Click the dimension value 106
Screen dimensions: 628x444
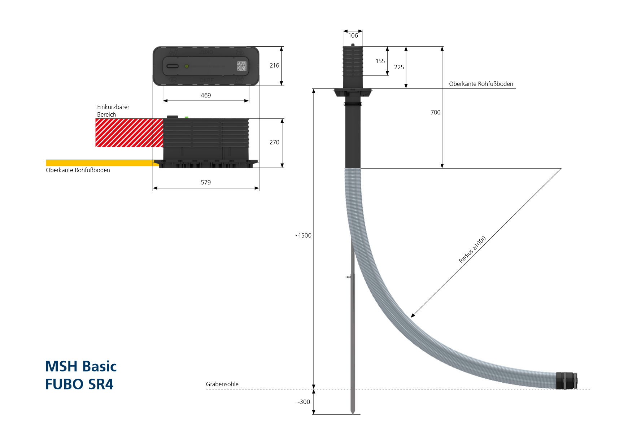(353, 35)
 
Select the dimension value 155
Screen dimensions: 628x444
(380, 61)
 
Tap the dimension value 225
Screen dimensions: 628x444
(399, 67)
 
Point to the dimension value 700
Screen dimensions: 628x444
(435, 112)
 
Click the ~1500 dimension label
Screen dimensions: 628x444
(303, 235)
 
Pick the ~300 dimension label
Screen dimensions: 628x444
(303, 402)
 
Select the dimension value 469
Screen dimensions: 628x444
(206, 95)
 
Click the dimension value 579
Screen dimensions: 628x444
(206, 182)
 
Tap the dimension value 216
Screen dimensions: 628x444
(274, 65)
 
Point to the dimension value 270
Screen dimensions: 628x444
(274, 142)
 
